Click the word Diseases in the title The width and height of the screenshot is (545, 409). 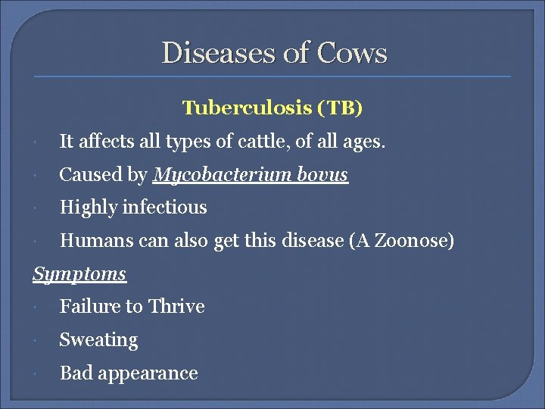coord(208,53)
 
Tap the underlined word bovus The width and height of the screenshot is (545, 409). coord(323,175)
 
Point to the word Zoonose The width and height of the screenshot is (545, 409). coord(414,241)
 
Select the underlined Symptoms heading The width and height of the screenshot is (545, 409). coord(79,274)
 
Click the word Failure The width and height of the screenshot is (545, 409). coord(86,307)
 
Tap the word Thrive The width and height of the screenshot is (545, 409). coord(176,307)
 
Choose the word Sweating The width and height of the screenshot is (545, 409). coord(98,341)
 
